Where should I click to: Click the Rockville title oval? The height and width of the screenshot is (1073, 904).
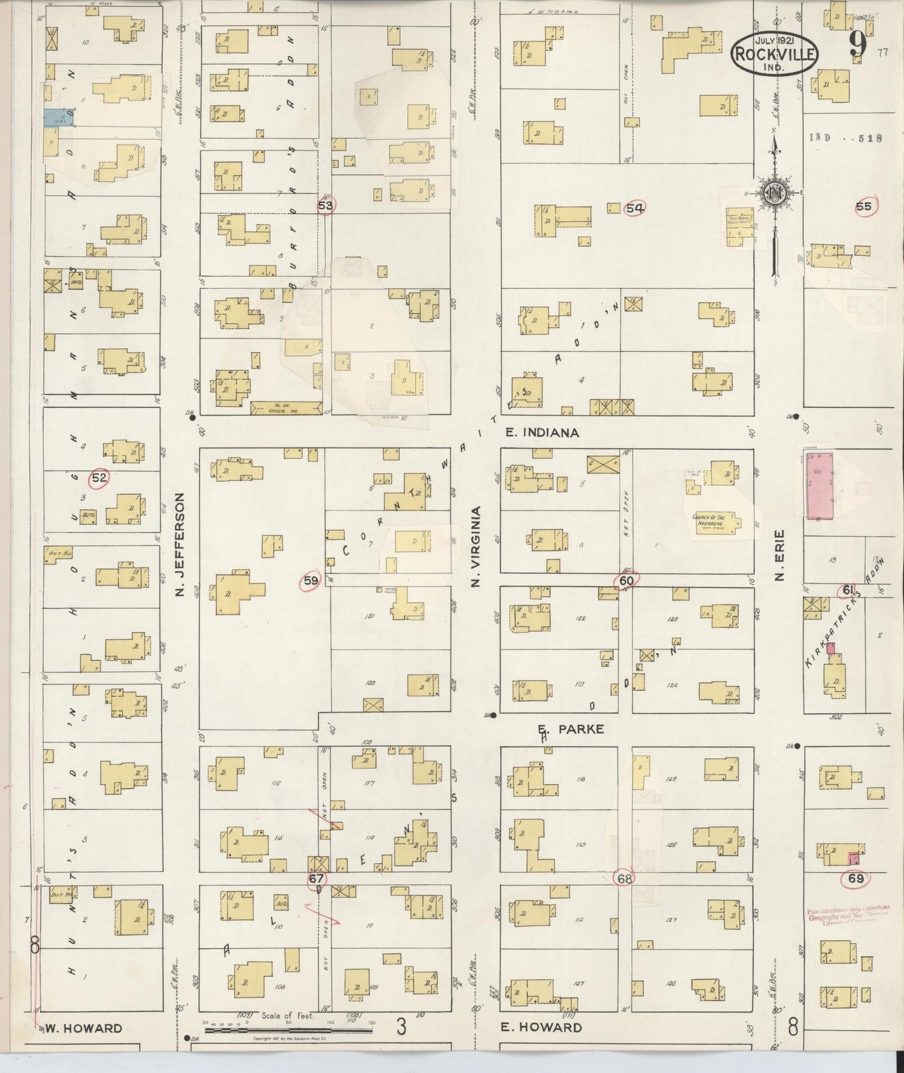(774, 53)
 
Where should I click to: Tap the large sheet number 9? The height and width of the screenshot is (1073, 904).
(857, 47)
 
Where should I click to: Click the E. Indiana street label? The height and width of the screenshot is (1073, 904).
(542, 433)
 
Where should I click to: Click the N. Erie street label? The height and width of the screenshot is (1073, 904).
(779, 555)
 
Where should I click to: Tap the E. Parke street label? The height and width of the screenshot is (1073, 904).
(571, 729)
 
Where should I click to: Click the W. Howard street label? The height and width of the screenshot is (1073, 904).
(83, 1029)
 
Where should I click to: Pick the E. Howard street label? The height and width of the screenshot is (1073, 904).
(541, 1027)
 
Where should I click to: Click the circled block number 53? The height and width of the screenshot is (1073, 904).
(326, 205)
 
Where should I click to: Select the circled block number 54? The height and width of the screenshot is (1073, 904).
(634, 208)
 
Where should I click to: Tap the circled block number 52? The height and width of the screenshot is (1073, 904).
(99, 478)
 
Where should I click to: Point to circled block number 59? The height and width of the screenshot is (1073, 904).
(311, 581)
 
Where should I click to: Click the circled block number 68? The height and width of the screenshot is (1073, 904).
(624, 878)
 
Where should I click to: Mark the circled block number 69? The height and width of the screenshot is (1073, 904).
(855, 878)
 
